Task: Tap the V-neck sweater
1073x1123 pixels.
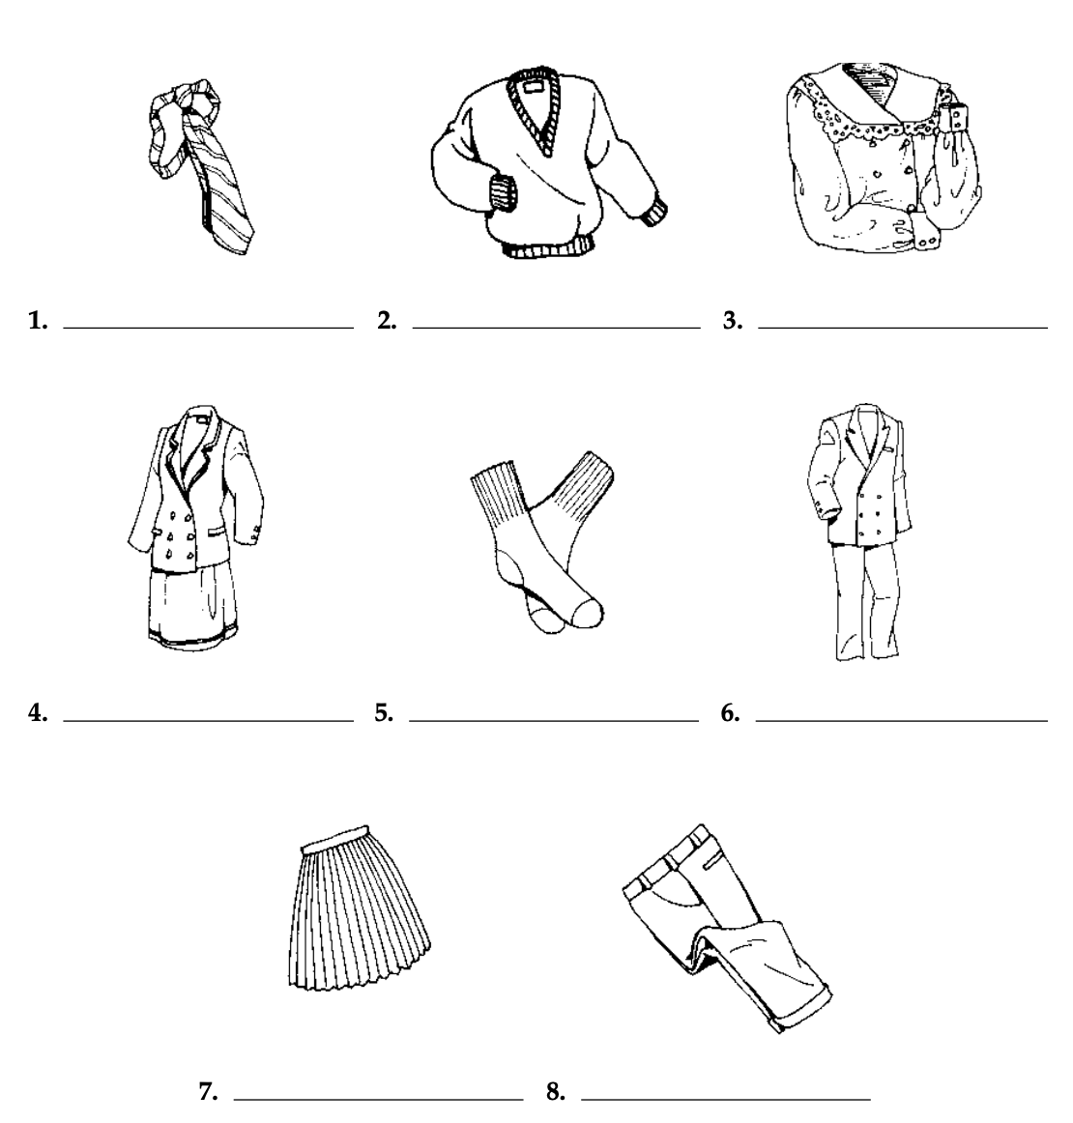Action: [548, 163]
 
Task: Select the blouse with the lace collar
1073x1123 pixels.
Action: [884, 158]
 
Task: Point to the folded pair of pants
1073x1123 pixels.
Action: [727, 928]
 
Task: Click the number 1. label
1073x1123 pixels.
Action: [38, 321]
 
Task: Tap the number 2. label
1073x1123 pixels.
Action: [387, 321]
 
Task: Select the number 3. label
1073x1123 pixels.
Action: [732, 321]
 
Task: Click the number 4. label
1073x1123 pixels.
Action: [38, 713]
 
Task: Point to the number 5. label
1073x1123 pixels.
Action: [384, 713]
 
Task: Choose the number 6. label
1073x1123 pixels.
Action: [730, 713]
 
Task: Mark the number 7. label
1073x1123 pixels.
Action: [208, 1091]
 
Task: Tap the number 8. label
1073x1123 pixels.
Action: [555, 1091]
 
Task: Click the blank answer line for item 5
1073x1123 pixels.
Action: [554, 721]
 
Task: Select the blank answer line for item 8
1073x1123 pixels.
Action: [726, 1100]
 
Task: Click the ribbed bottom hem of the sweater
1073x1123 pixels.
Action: [548, 250]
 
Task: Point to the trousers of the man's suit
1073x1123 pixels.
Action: [864, 601]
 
